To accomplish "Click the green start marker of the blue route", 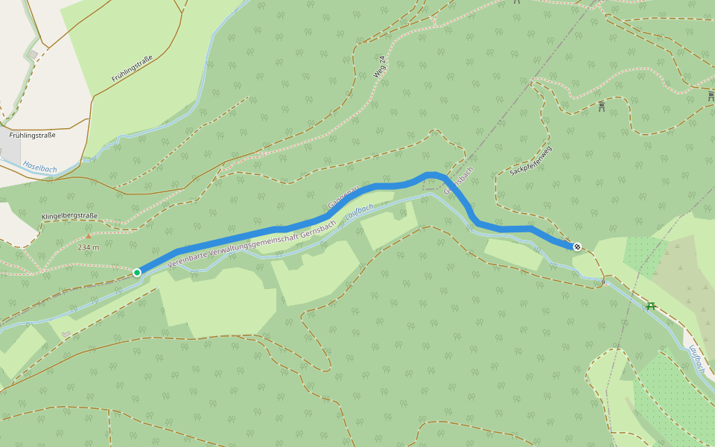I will [137, 273].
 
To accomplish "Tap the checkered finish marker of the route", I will [577, 246].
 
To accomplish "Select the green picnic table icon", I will [652, 305].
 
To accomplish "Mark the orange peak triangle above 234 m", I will [89, 236].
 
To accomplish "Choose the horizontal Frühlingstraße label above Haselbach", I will [33, 135].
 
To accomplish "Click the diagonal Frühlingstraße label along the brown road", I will [137, 68].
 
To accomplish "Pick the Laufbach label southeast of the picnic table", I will [696, 358].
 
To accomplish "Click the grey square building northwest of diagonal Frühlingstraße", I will [34, 54].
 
